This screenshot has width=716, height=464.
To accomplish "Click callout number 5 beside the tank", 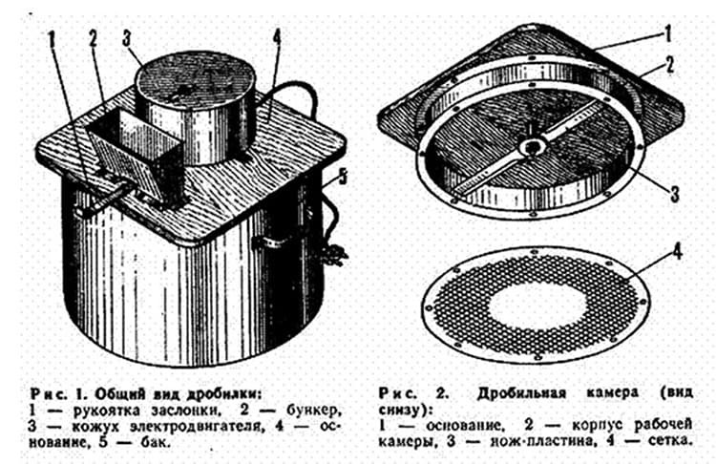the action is coord(343,178).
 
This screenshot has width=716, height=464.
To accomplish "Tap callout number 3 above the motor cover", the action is coord(127,38).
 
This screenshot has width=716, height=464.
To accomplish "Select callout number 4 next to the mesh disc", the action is coord(677,252).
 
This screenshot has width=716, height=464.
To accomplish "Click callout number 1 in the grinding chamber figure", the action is coord(667,33).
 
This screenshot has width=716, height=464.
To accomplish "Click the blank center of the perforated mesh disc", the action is coord(536,306).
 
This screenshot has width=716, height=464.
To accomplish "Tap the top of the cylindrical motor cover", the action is coord(195,77).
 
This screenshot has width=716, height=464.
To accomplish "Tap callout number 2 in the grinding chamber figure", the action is coord(670,64).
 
